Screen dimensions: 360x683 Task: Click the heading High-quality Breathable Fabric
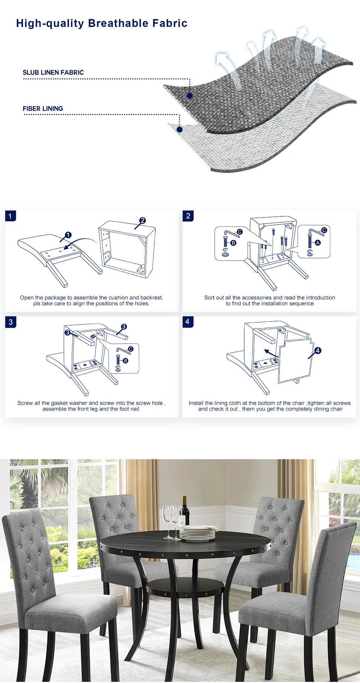pos(102,23)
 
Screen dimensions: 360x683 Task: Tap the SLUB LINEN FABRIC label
pos(53,72)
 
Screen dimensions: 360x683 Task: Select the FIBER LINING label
pos(43,108)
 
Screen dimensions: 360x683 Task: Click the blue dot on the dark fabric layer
pos(190,96)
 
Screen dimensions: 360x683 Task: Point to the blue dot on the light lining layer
pos(180,130)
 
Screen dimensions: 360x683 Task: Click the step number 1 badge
pos(10,216)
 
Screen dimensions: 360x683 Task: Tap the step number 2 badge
pos(188,216)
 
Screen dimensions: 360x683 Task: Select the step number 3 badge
pos(10,322)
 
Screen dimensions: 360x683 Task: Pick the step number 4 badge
pos(188,321)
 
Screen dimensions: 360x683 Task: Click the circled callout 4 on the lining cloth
pos(318,350)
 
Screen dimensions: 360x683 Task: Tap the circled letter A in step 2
pos(318,242)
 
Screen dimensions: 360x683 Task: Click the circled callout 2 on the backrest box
pos(143,220)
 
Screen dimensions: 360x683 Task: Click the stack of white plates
pos(197,533)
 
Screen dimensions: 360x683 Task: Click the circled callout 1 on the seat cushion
pos(68,235)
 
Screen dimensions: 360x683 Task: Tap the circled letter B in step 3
pos(125,360)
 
